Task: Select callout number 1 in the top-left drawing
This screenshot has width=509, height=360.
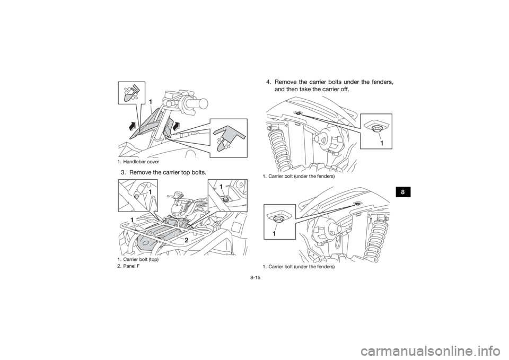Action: point(151,101)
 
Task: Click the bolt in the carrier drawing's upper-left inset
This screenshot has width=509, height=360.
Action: point(137,197)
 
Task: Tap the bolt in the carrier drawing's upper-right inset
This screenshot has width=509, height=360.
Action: point(227,199)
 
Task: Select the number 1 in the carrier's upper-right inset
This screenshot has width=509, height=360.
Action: point(221,187)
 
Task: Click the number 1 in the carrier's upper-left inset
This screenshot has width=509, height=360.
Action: point(151,191)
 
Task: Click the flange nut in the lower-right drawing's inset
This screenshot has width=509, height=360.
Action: point(277,217)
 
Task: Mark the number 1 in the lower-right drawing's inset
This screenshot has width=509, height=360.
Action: point(275,233)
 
